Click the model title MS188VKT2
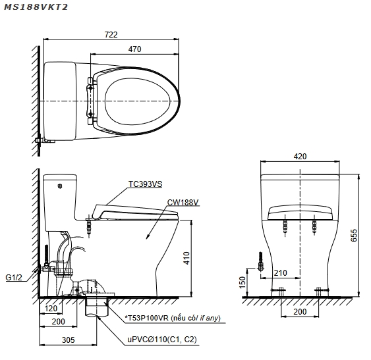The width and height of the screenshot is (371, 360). pos(36,7)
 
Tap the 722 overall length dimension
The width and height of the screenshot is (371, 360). pos(111,35)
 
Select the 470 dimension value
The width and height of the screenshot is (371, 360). pos(134,49)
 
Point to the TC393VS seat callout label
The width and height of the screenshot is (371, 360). pos(145,184)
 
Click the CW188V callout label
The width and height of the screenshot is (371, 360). pos(183,203)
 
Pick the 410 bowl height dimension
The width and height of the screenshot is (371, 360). pos(186,258)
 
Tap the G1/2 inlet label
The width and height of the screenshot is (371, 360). pos(14,278)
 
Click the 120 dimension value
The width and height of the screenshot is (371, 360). pos(51,309)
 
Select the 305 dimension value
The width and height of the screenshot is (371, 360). pos(68,340)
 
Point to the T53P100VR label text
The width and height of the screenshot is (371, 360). pos(147,318)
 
